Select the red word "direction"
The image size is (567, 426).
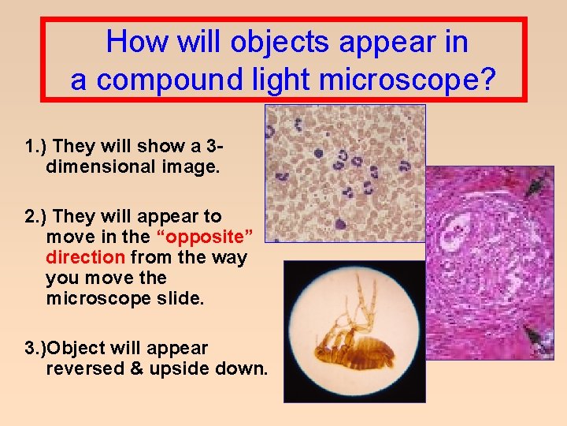(85, 257)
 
